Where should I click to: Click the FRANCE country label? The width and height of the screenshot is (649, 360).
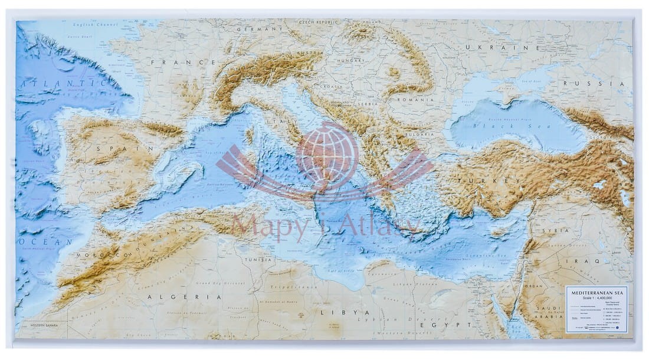click(x=183, y=62)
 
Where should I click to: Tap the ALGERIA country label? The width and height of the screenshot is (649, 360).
click(x=184, y=297)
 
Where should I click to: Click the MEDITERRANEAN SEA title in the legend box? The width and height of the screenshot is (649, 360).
click(x=596, y=292)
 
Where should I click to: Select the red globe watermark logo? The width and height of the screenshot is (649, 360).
click(x=327, y=156)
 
